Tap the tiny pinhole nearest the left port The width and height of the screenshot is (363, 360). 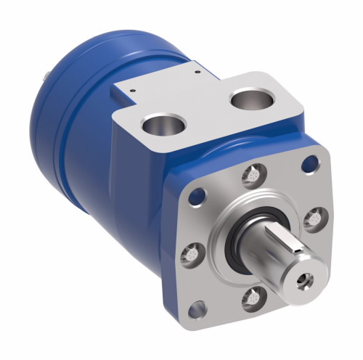[135, 91]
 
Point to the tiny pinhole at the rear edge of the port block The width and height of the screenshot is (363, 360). [197, 72]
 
